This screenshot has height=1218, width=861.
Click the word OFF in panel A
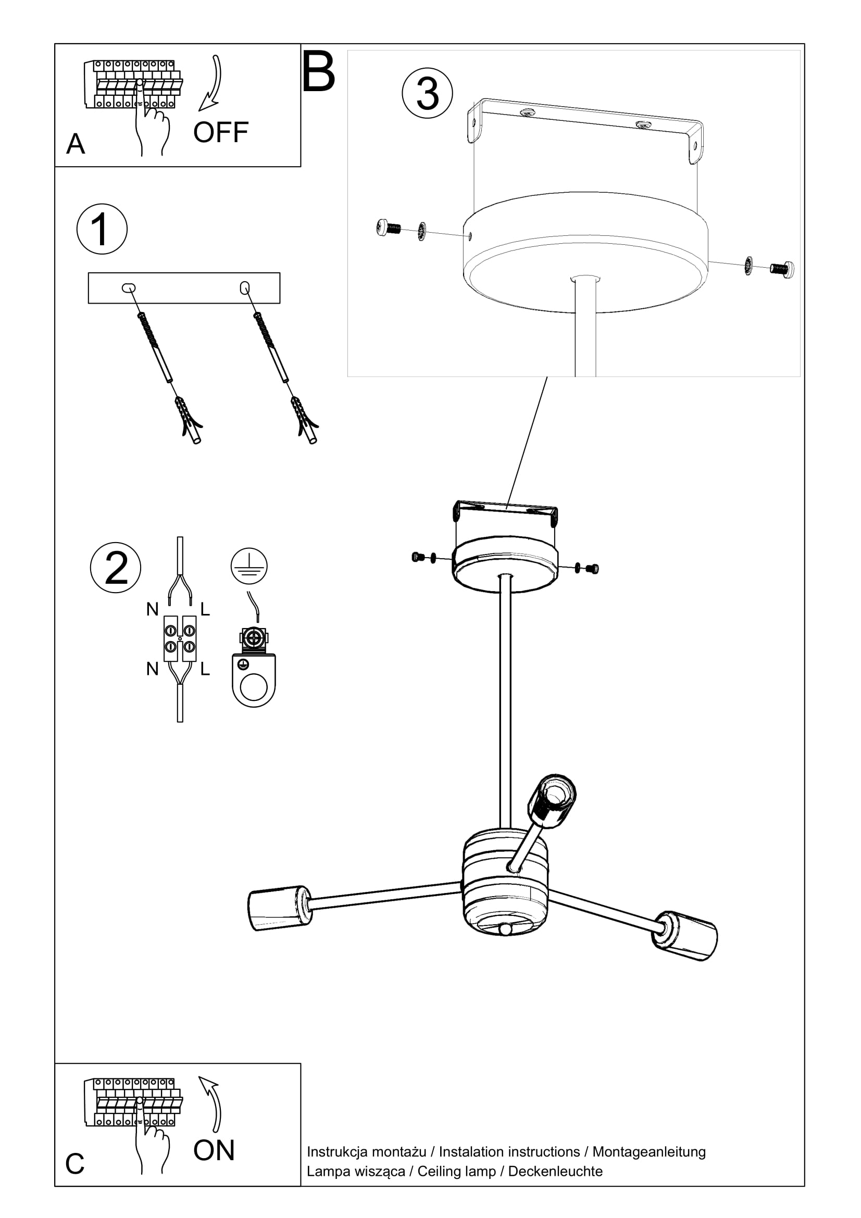pos(221,132)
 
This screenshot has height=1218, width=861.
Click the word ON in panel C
pos(214,1150)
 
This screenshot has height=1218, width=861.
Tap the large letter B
pos(318,72)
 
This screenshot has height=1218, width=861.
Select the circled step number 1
pos(102,229)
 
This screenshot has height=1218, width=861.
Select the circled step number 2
pos(116,567)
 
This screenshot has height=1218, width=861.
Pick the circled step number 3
pos(427,93)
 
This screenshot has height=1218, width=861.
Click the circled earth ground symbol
pos(249,566)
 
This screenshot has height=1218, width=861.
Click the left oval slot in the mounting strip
pos(128,288)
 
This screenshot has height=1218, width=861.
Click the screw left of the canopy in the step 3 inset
pos(389,228)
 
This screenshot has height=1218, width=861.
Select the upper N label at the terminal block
pos(152,610)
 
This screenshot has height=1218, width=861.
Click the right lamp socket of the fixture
pos(686,935)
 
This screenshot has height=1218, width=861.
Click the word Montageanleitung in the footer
pos(649,1152)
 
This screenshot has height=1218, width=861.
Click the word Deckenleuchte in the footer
pos(555,1171)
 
